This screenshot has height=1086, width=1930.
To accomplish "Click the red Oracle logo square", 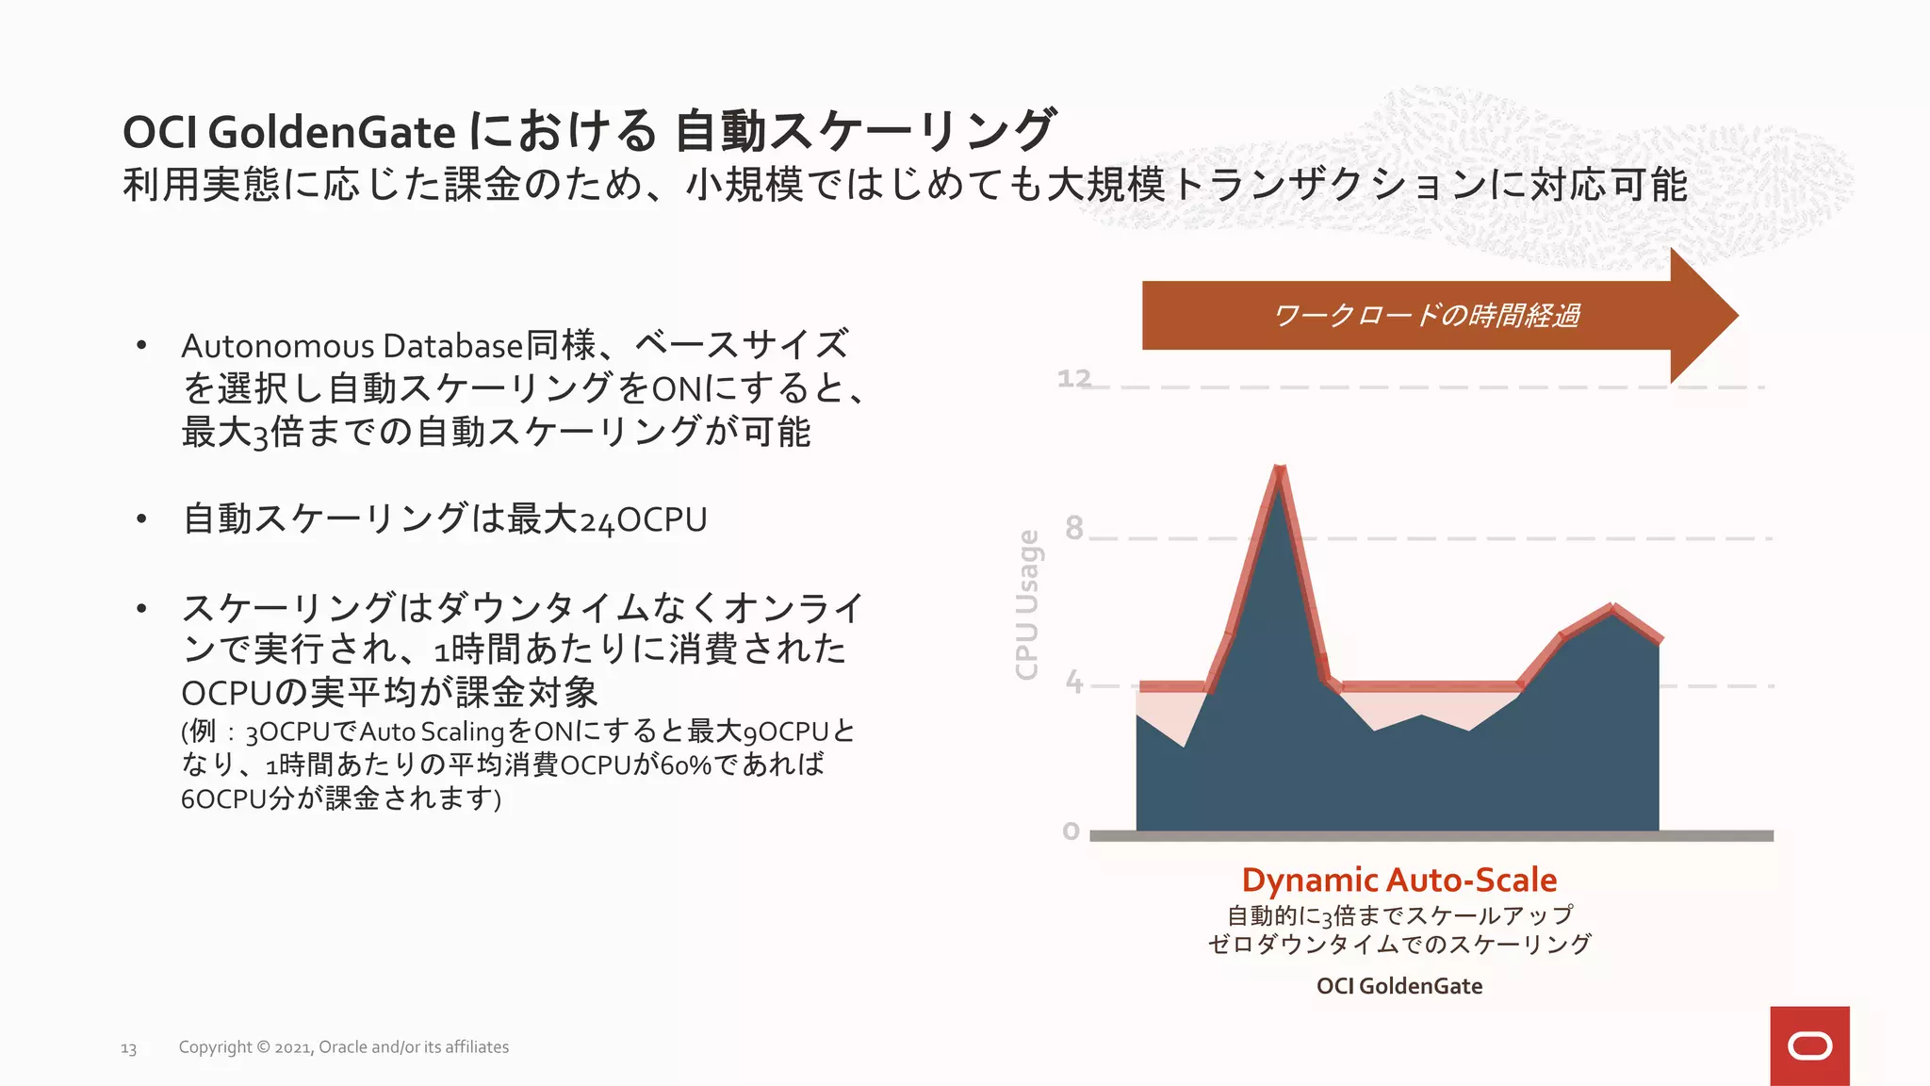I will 1808,1045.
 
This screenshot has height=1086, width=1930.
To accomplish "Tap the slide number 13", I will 128,1048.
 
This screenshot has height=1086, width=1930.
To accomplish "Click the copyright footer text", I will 343,1046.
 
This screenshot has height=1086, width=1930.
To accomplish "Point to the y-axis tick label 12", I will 1073,379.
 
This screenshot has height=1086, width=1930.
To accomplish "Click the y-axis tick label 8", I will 1073,528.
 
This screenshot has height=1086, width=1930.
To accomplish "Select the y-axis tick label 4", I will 1073,682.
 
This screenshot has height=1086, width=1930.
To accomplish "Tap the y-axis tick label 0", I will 1071,831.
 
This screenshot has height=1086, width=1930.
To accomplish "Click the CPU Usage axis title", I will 1027,604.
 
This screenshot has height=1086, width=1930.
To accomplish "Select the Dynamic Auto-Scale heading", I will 1398,880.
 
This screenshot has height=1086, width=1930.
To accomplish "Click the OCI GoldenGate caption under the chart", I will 1398,986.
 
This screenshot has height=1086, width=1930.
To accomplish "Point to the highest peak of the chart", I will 1279,470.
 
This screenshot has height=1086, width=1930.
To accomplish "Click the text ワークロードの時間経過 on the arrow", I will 1426,315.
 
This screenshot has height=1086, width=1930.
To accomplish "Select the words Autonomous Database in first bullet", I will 352,346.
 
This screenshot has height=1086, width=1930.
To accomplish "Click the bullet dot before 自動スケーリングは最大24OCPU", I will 141,519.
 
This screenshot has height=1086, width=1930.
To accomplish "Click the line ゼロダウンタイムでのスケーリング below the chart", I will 1398,944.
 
